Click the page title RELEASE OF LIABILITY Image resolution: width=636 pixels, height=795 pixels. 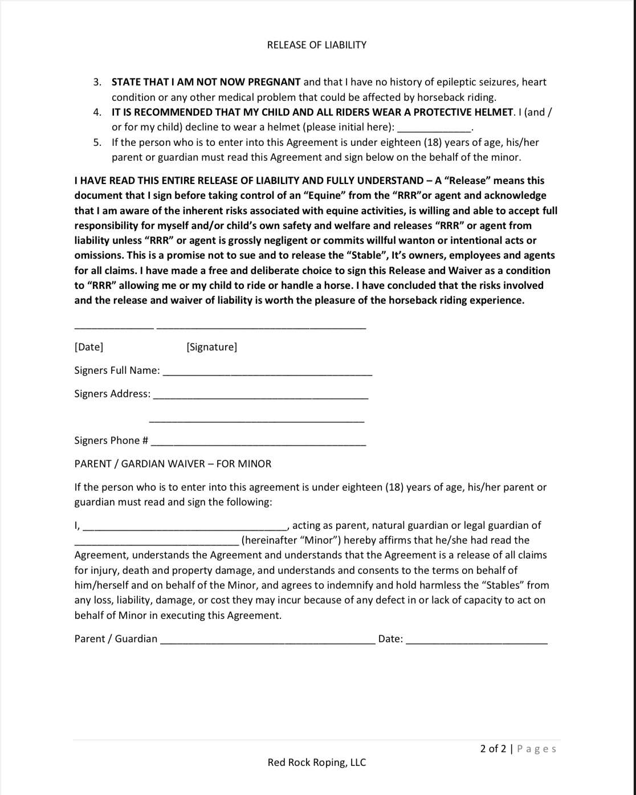(x=316, y=45)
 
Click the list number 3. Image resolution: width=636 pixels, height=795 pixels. (x=97, y=82)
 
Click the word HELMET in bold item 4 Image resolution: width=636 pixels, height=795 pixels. (x=492, y=112)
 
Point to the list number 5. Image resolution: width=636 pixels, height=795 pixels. (x=97, y=142)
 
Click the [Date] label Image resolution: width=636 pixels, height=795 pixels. (x=89, y=347)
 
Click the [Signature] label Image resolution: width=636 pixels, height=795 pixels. (x=211, y=347)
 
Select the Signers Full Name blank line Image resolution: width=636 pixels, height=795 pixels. (x=267, y=374)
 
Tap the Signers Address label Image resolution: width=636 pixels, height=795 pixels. (x=112, y=394)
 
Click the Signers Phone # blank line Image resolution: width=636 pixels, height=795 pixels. (x=258, y=444)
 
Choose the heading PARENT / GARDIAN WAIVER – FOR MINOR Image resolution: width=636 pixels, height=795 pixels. (x=173, y=464)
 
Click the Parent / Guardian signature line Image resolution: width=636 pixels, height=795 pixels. (x=267, y=642)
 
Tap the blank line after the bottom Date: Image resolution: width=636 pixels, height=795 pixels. (x=476, y=642)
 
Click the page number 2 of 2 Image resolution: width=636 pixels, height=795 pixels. (x=493, y=749)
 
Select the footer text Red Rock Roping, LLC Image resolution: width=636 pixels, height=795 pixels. (x=317, y=763)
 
